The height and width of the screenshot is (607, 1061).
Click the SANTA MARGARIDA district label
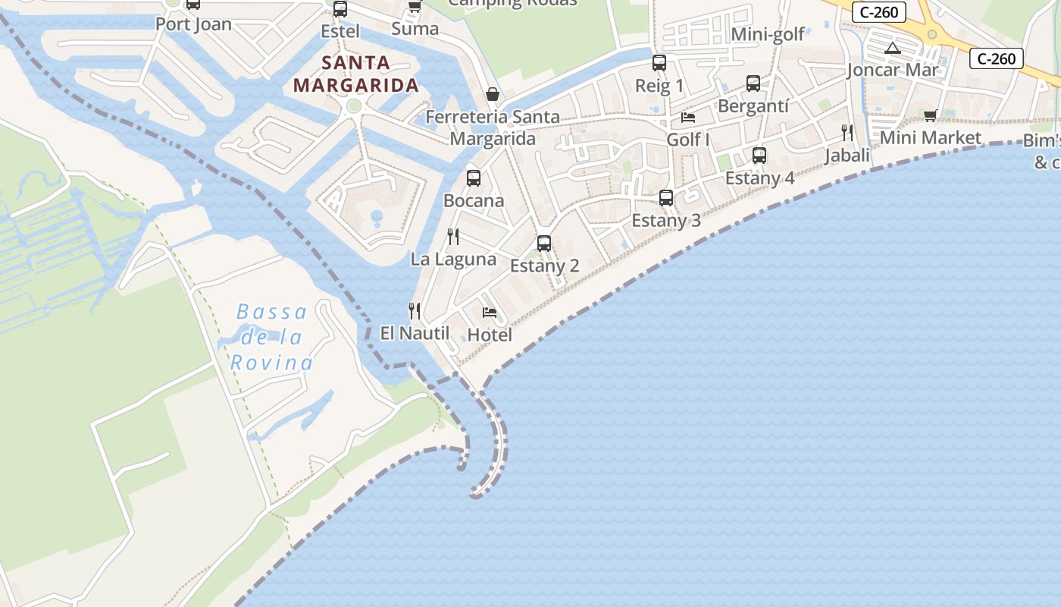click(x=356, y=74)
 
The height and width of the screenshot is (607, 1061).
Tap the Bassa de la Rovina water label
click(x=272, y=337)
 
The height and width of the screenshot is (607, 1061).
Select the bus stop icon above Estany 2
click(x=543, y=244)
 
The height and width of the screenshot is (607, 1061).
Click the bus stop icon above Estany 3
click(x=665, y=198)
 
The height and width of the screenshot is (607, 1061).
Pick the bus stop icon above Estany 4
click(x=759, y=156)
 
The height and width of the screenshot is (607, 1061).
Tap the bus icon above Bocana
click(x=474, y=178)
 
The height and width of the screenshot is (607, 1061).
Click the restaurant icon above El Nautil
click(x=414, y=310)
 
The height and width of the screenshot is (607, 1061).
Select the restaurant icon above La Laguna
click(x=453, y=237)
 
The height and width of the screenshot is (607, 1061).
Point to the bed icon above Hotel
click(x=490, y=313)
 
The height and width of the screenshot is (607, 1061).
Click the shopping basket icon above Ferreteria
click(x=493, y=94)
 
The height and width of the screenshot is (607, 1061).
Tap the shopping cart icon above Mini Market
click(x=930, y=115)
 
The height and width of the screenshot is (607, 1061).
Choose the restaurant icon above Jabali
click(x=847, y=133)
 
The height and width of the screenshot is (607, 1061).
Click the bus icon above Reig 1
click(x=659, y=63)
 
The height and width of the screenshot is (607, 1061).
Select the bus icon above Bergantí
click(x=753, y=83)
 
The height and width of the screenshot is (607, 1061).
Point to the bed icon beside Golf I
click(x=688, y=118)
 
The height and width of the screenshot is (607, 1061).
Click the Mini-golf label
click(x=768, y=34)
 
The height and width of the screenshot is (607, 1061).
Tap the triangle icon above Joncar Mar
click(x=893, y=49)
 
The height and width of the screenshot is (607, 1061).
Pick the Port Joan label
click(x=193, y=24)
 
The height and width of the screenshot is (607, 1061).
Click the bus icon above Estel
click(x=340, y=9)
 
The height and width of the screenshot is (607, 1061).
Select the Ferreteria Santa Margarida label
click(x=493, y=127)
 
